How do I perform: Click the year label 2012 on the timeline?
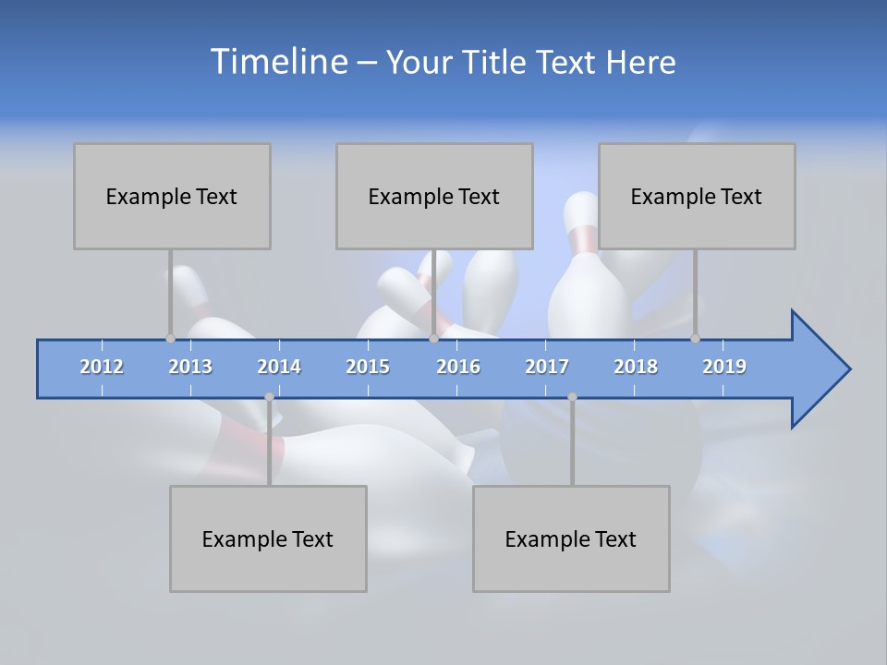(x=102, y=367)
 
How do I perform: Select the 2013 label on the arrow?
(x=190, y=367)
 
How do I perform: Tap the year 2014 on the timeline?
(x=279, y=367)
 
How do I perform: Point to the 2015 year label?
(x=368, y=367)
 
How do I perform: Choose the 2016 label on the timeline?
(x=458, y=367)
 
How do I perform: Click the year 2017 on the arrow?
(x=547, y=367)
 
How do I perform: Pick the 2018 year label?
(x=636, y=367)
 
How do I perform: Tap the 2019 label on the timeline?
(x=724, y=367)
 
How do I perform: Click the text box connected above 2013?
(x=172, y=196)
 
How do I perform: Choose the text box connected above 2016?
(x=434, y=196)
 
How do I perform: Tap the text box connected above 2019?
(x=697, y=196)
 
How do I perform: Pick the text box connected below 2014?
(x=268, y=538)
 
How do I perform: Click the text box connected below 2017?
(x=571, y=538)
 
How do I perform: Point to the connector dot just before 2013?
(x=170, y=339)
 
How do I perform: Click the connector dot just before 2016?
(x=434, y=339)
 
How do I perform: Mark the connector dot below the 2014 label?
(x=269, y=397)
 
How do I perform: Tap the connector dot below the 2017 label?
(x=572, y=397)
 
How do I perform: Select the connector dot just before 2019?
(x=696, y=339)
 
